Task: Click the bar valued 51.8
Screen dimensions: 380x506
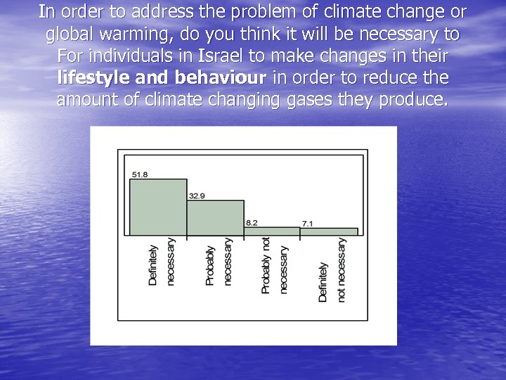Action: click(x=158, y=207)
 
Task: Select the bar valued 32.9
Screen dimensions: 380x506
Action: click(x=215, y=217)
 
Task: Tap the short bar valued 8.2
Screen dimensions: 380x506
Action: click(x=271, y=231)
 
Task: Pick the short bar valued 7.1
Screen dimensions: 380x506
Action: click(x=329, y=232)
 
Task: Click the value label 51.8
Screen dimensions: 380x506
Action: click(x=139, y=175)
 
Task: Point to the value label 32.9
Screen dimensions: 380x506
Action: click(x=196, y=196)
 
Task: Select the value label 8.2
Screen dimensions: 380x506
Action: click(x=251, y=222)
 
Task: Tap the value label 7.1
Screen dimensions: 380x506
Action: click(x=308, y=223)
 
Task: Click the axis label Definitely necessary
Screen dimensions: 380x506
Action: click(x=162, y=262)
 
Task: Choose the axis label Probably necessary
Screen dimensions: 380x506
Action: click(x=218, y=262)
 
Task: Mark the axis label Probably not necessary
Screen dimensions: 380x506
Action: click(x=274, y=265)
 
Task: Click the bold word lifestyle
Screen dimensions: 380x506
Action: click(x=91, y=77)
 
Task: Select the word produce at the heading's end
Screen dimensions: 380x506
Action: click(x=412, y=100)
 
